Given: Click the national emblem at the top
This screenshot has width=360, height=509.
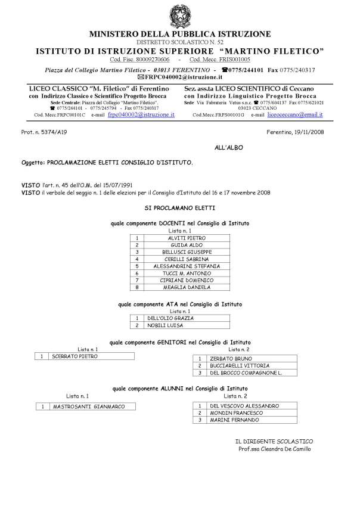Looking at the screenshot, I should [179, 15].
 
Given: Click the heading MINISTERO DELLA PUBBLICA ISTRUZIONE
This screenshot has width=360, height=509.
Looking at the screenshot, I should [180, 34].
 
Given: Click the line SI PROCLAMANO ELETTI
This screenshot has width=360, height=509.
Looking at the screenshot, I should [180, 208].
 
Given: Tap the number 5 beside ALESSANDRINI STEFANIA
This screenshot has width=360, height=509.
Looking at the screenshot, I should [137, 266].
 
